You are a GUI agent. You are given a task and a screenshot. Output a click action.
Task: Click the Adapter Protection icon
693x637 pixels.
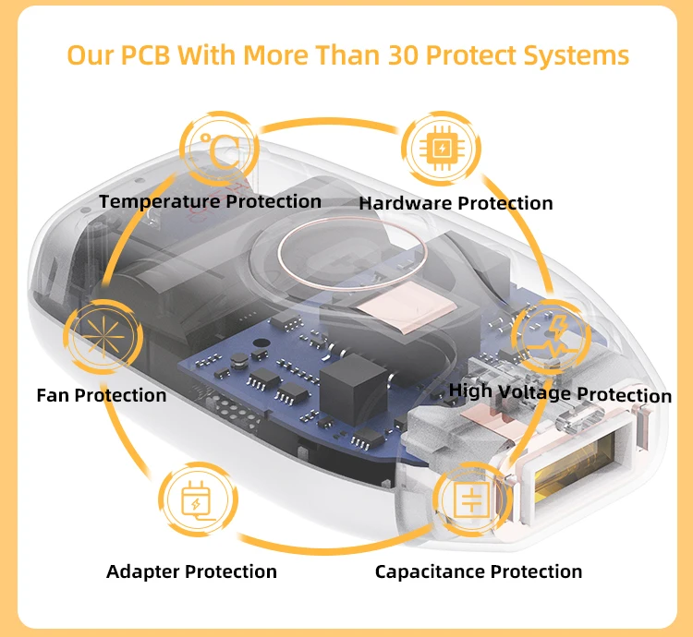click(197, 502)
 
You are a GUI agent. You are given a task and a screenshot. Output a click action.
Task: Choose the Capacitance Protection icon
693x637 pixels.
click(471, 501)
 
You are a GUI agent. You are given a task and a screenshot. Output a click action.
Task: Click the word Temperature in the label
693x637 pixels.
click(159, 201)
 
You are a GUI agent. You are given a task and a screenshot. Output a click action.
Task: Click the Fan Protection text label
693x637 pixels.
click(102, 395)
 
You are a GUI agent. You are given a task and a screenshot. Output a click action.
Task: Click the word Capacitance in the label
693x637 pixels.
click(431, 571)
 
